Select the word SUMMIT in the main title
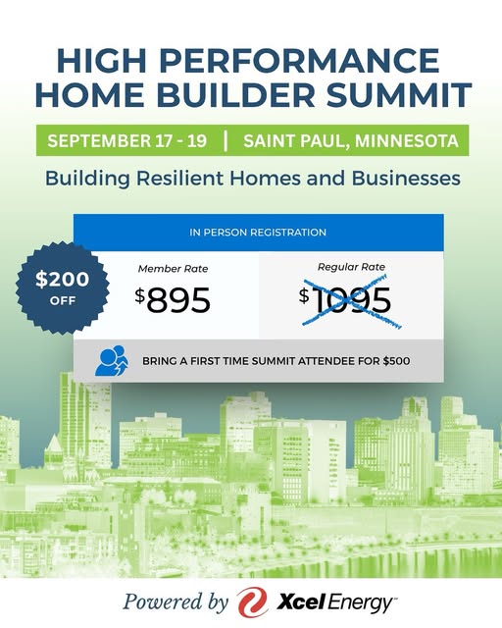click(x=398, y=95)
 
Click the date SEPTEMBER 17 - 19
click(x=126, y=140)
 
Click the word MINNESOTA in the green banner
click(x=406, y=141)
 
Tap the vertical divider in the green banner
click(x=226, y=140)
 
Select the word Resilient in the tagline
click(x=179, y=178)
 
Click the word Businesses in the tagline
click(x=406, y=178)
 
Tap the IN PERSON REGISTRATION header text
click(x=258, y=233)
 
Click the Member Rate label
click(x=173, y=269)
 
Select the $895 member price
click(x=173, y=299)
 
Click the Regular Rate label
click(x=351, y=267)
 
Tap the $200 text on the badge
click(x=62, y=279)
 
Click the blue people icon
click(x=112, y=360)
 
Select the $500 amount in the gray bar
click(x=396, y=361)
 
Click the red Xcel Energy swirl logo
click(x=252, y=602)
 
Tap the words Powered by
click(x=176, y=602)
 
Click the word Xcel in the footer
click(x=300, y=602)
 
